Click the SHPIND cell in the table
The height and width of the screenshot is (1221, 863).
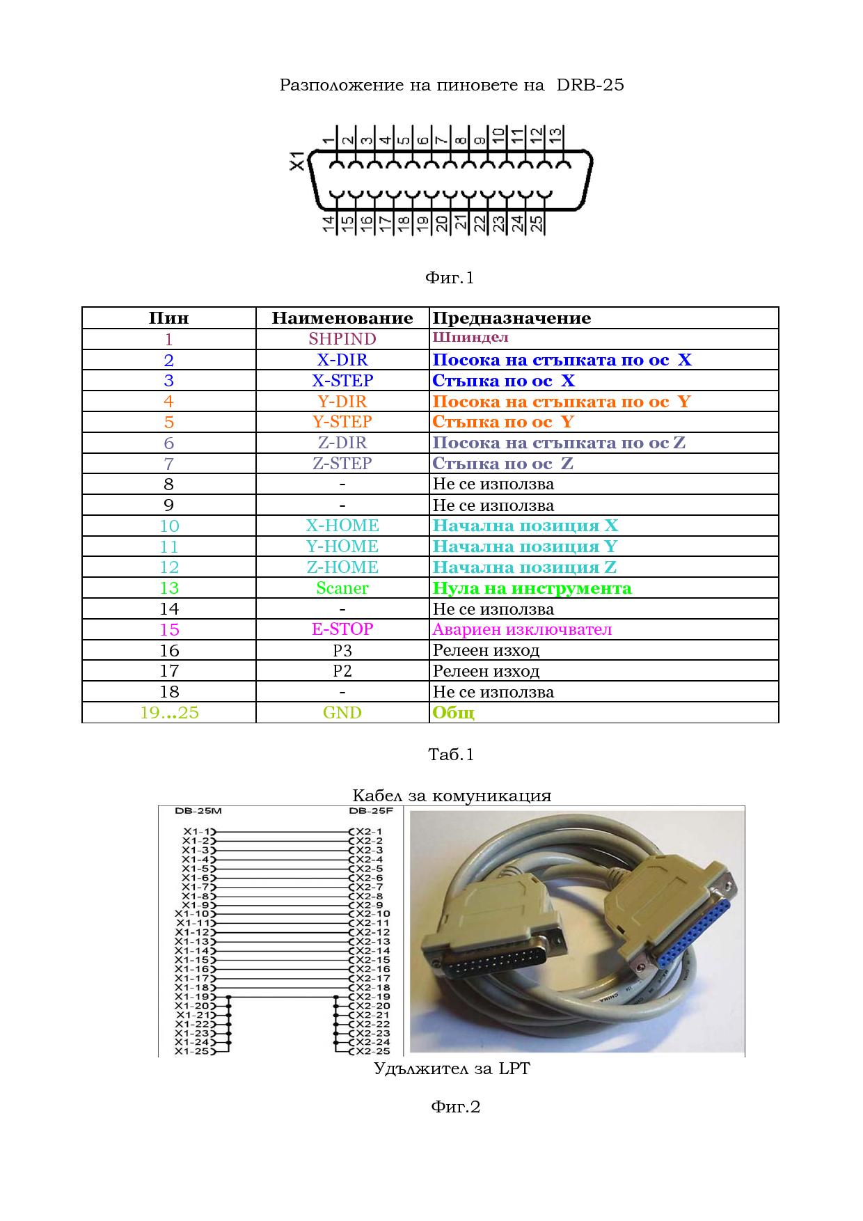[342, 339]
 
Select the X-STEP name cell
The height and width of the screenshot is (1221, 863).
[342, 381]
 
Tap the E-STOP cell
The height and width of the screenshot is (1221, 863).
[342, 629]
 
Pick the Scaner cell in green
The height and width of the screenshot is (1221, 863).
[342, 588]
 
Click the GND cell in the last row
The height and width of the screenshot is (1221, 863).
[342, 713]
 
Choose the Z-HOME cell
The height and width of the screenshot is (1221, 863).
[342, 567]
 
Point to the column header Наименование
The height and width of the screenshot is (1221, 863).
[342, 318]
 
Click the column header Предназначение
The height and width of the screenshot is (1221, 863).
[512, 318]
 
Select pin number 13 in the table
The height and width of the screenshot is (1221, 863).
[169, 588]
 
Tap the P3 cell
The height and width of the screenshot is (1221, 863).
[342, 650]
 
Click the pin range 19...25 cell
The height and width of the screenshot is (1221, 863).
[169, 713]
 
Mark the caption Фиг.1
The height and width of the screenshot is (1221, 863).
[449, 278]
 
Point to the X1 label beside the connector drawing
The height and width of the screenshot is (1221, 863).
[297, 160]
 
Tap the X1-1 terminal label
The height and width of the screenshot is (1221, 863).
[197, 831]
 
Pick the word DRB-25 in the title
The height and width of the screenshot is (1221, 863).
[590, 85]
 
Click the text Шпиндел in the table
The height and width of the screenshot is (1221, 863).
[470, 338]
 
